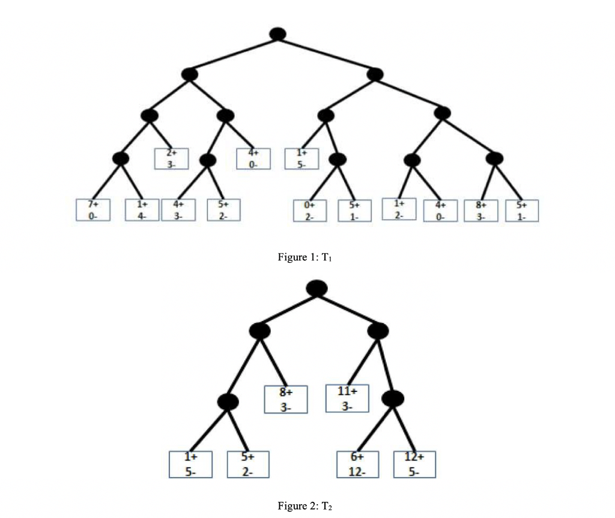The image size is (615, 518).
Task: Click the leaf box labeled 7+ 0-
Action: (93, 209)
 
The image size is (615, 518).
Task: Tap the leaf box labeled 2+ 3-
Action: (171, 158)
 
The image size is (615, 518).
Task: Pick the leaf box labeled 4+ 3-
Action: (178, 209)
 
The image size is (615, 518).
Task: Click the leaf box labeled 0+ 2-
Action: (309, 210)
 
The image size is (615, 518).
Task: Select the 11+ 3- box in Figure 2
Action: (347, 399)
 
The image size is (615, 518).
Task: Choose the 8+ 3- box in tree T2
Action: (286, 400)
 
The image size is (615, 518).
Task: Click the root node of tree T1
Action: (277, 34)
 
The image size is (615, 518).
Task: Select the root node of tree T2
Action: (317, 288)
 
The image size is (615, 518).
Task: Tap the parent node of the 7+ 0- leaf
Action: (121, 158)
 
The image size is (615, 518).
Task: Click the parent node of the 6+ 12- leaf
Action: (394, 398)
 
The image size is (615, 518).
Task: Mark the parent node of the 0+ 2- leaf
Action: (338, 159)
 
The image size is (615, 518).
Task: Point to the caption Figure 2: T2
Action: (304, 505)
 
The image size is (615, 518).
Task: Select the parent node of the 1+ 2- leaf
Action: (412, 160)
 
